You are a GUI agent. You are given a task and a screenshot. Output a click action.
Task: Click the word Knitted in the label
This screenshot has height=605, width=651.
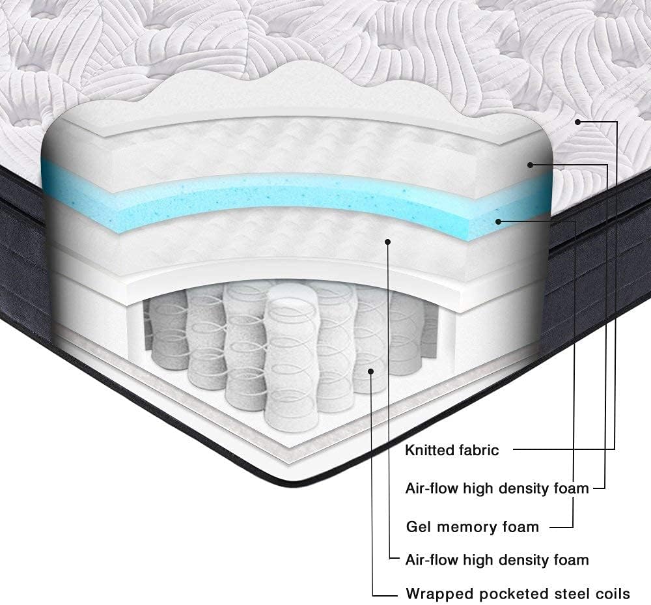429,450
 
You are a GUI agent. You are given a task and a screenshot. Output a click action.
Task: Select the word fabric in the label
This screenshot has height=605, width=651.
479,450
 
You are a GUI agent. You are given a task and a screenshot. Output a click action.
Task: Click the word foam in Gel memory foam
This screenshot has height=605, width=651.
521,527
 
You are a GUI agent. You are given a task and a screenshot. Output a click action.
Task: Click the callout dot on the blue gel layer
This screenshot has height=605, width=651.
499,221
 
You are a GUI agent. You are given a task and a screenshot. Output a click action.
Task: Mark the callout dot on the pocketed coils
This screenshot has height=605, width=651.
371,371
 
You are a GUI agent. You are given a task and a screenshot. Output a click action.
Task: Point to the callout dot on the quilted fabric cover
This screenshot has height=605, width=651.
577,122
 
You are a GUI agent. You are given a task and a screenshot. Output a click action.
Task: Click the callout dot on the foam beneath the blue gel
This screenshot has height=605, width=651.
388,241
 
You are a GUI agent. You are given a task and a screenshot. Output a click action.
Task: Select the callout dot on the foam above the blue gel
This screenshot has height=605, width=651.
530,165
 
